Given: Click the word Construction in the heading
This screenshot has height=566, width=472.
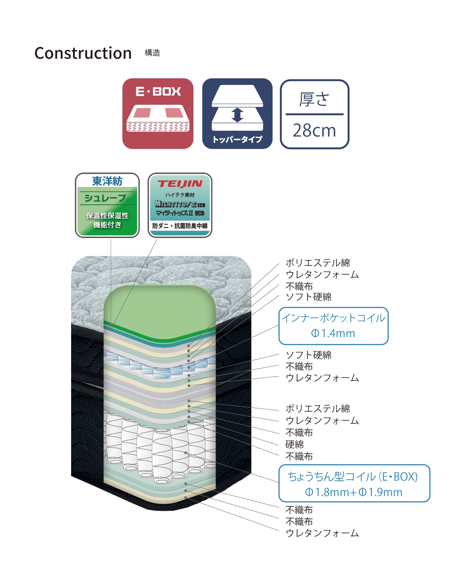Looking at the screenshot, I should (83, 53).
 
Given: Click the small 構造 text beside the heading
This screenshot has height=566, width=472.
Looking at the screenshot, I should (152, 53).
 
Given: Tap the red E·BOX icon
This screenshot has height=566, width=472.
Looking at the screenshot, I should (158, 114).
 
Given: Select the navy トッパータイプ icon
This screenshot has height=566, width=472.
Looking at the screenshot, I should (237, 114).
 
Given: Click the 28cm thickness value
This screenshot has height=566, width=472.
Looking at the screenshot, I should (314, 130).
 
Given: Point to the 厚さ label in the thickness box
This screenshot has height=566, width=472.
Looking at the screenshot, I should (314, 99).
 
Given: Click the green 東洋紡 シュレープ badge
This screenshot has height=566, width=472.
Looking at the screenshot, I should (107, 205).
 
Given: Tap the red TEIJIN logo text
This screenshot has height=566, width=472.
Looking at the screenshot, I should (180, 184).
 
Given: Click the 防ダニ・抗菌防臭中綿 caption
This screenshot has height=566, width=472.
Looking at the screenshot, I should (180, 226).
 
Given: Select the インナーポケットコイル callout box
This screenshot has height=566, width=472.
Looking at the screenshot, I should (334, 326).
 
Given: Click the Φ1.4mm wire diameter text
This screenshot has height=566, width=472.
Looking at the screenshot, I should (333, 333).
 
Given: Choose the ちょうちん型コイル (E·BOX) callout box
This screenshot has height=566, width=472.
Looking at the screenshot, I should (354, 483).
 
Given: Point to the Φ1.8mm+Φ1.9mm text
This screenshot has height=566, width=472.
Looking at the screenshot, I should (354, 492).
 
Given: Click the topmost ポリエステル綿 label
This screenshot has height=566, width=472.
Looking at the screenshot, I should (318, 263).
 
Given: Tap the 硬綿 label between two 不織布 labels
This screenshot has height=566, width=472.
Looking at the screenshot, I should (295, 444).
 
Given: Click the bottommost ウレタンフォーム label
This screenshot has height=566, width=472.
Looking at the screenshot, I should (322, 533).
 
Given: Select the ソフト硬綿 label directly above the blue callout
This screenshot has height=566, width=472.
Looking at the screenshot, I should (308, 297).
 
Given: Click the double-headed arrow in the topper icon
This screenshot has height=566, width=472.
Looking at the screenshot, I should (237, 115).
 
